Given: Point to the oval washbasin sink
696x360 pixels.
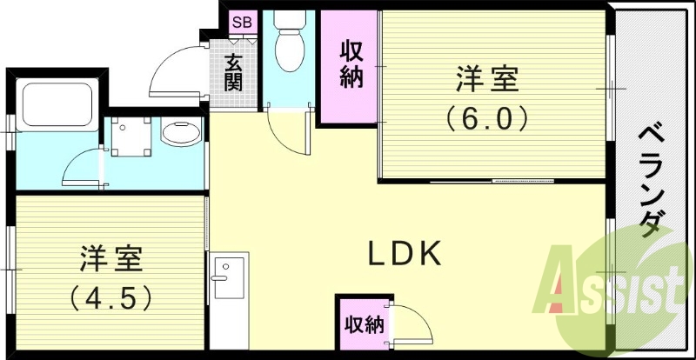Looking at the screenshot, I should coord(180,134).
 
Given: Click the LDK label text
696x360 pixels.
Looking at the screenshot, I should coord(406,254).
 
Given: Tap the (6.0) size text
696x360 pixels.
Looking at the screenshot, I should coord(486,117).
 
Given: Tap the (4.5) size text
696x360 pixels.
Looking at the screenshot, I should coord(112,297).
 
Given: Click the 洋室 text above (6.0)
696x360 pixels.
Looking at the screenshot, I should coord(486,80).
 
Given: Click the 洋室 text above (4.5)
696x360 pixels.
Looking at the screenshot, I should coord(112,259).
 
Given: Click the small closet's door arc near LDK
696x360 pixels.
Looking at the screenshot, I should coord(409,325).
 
